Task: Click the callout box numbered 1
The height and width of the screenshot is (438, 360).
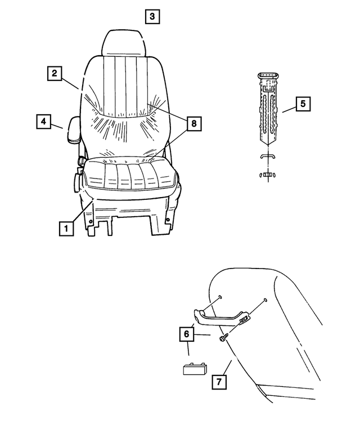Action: (66, 228)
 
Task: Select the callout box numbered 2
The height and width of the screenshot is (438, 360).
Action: (54, 73)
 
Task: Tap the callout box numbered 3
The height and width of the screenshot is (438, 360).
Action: (152, 16)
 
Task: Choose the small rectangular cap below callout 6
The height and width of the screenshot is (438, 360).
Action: (195, 369)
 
